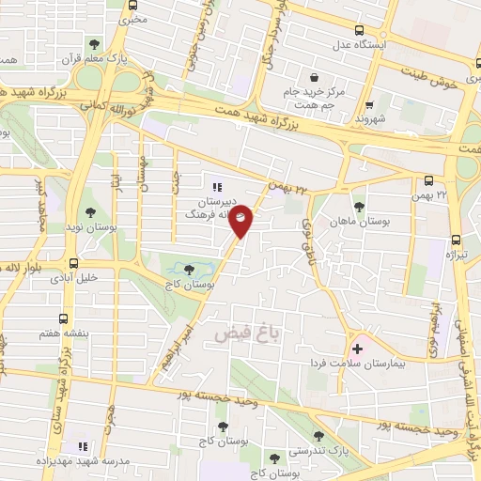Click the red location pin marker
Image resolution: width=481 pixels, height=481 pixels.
(x=241, y=220)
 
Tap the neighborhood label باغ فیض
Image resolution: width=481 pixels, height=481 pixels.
(x=249, y=332)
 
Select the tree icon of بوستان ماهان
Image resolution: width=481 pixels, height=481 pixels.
(x=358, y=207)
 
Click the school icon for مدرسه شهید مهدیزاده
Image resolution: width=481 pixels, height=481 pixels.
(x=81, y=445)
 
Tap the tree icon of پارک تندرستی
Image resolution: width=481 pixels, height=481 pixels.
(x=320, y=435)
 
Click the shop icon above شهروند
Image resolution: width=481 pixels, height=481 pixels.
(x=369, y=105)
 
